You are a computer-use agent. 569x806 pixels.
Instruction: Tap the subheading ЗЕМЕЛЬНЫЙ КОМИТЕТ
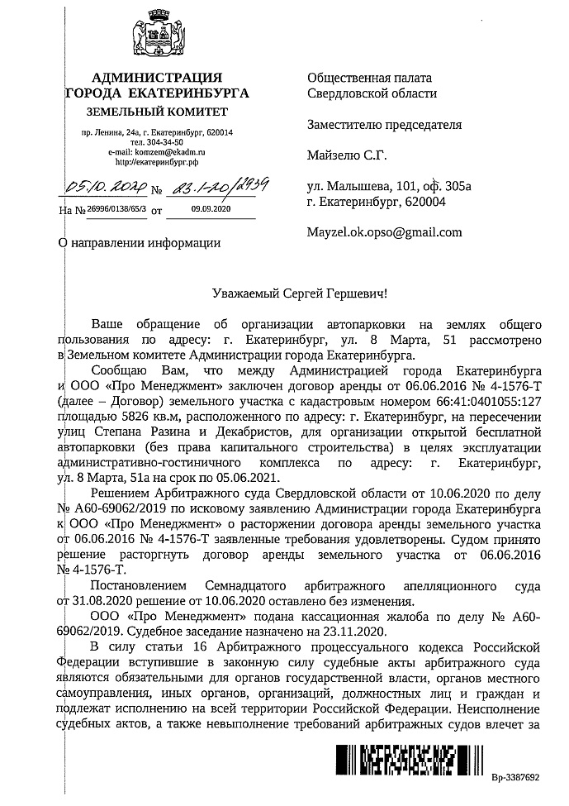click(157, 112)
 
